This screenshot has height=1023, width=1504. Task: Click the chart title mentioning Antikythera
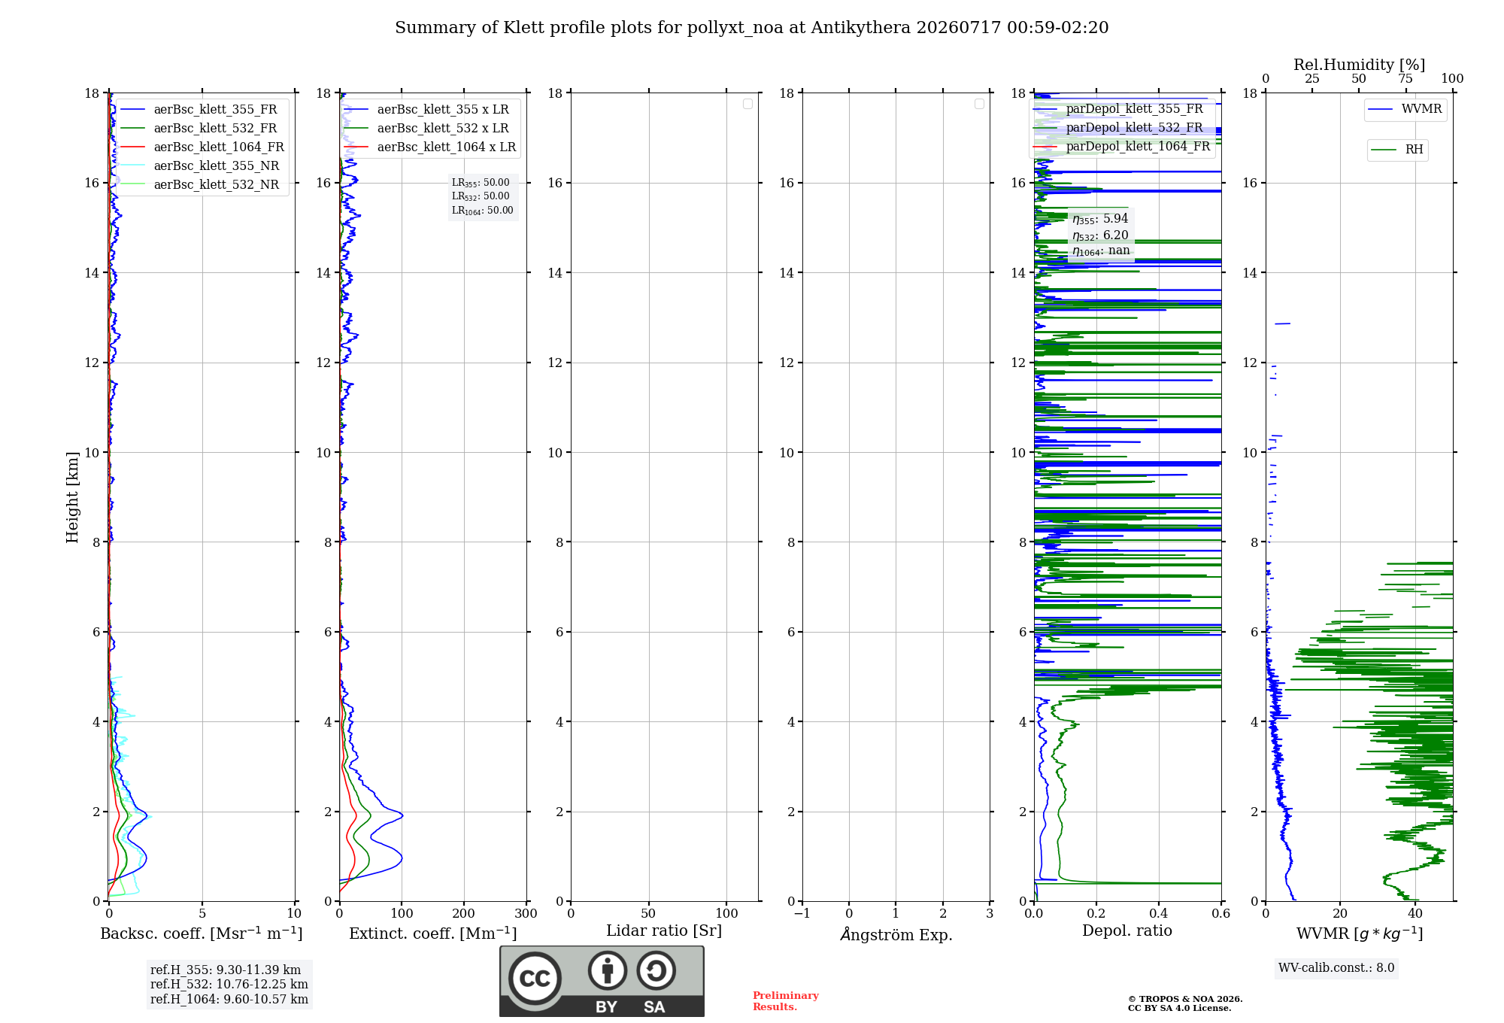click(752, 28)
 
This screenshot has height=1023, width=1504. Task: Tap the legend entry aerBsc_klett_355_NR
click(199, 165)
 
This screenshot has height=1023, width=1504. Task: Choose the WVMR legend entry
click(1405, 109)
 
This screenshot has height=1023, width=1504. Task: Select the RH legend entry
click(1397, 150)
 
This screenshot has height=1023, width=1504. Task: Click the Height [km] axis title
click(72, 497)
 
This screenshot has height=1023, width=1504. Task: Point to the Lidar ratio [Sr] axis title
click(664, 930)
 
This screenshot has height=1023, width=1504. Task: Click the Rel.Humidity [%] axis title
click(1360, 65)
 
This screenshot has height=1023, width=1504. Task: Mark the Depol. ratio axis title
click(1127, 930)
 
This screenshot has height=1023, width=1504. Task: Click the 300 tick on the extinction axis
click(526, 913)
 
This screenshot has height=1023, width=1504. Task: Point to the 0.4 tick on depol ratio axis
click(1159, 913)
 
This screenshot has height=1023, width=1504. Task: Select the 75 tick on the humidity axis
click(1405, 79)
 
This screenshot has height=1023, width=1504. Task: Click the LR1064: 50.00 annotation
click(483, 211)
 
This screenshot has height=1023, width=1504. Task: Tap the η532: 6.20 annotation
click(1100, 235)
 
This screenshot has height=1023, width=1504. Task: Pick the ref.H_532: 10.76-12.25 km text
click(229, 984)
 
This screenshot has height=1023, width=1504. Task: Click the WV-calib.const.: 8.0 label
click(1336, 968)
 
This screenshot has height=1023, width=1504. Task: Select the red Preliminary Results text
click(786, 1001)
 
